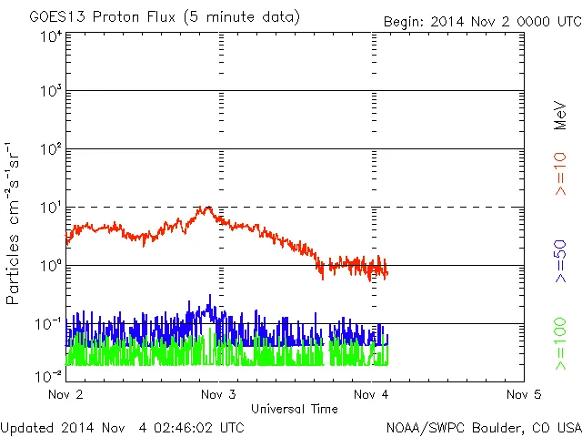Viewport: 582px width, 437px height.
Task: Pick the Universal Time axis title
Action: [295, 409]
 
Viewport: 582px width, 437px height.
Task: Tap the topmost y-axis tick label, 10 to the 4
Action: [50, 37]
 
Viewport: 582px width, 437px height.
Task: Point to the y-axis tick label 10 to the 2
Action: [50, 151]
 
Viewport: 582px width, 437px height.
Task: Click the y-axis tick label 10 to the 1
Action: [50, 209]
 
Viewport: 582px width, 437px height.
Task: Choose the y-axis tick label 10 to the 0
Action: [50, 268]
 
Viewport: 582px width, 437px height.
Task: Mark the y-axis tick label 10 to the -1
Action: [48, 325]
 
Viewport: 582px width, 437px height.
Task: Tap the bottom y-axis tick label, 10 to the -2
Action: [48, 375]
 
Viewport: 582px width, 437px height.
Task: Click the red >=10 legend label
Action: [560, 174]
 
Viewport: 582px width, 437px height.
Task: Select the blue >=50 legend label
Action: [560, 264]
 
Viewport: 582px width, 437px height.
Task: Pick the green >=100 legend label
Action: [560, 344]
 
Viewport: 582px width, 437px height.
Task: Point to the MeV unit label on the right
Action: [560, 115]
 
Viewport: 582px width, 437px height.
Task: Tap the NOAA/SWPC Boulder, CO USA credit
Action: [483, 427]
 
